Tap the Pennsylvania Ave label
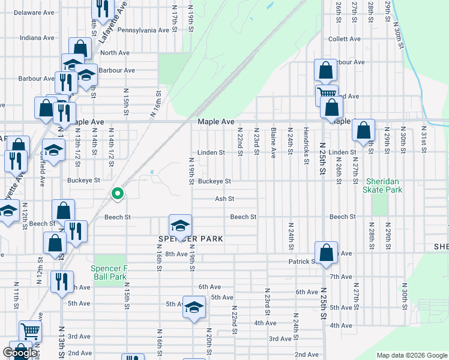click(143, 30)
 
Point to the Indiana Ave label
click(37, 37)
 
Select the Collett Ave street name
click(344, 39)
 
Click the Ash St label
click(224, 199)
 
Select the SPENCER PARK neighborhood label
click(190, 239)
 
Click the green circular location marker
click(118, 193)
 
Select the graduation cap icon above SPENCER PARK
click(180, 226)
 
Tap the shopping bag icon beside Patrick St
click(326, 253)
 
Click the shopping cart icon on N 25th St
click(327, 94)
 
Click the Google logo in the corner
click(20, 353)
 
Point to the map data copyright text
click(412, 355)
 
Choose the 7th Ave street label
click(341, 277)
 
